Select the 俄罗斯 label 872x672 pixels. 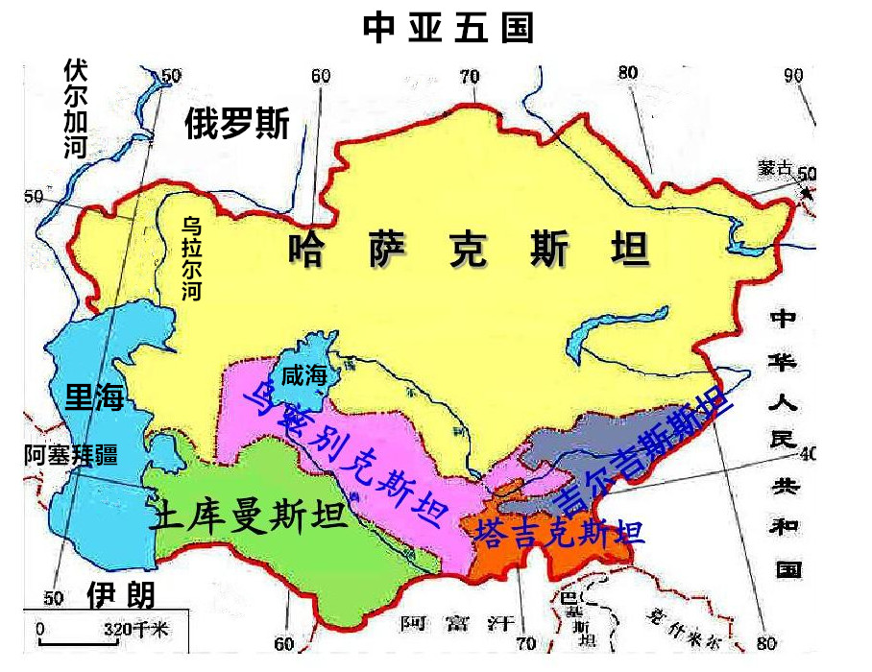point(237,124)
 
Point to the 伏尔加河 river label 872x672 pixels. point(76,108)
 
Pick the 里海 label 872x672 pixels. point(94,396)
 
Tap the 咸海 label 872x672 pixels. point(304,377)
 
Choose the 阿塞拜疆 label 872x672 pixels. point(71,455)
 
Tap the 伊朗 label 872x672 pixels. point(120,595)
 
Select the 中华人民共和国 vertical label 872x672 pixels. point(787,442)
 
